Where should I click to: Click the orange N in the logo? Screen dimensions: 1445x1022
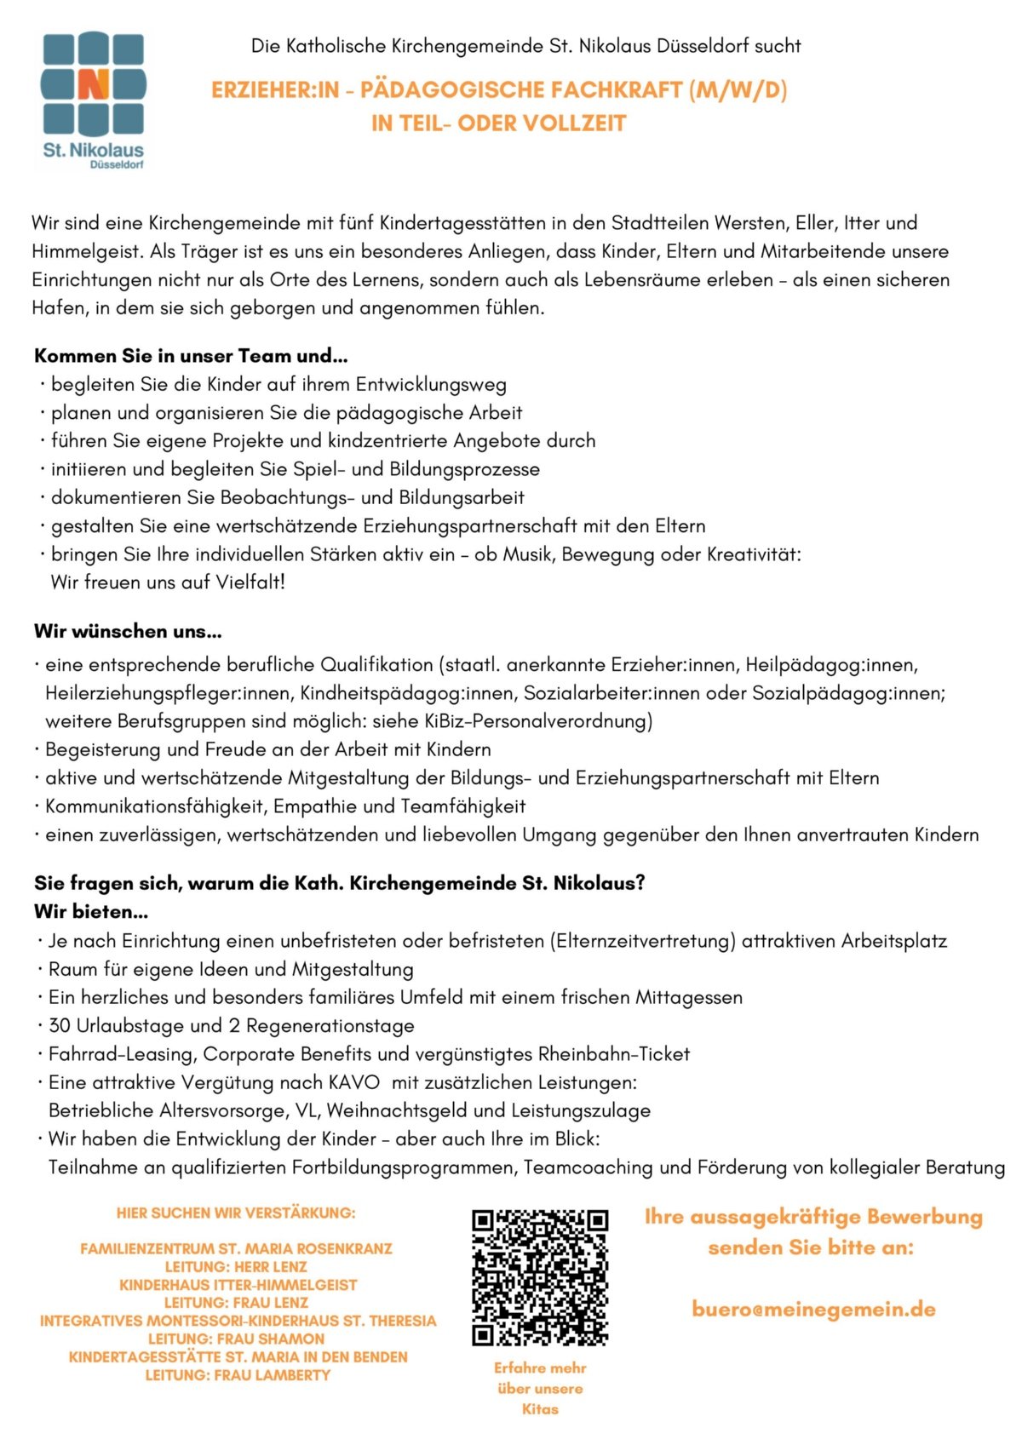(x=94, y=84)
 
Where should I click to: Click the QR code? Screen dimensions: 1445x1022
(x=540, y=1277)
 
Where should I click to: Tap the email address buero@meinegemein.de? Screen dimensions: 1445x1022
(x=813, y=1310)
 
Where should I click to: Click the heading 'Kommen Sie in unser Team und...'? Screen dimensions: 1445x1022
(x=191, y=356)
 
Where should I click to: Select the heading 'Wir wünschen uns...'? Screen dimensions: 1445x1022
(x=128, y=632)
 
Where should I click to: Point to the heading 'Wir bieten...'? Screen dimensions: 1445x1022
(x=91, y=912)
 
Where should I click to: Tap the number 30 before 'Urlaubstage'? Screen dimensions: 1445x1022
(x=59, y=1026)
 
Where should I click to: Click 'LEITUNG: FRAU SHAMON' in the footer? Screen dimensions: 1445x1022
(x=236, y=1339)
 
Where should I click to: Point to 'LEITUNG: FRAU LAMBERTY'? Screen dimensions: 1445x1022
(x=238, y=1375)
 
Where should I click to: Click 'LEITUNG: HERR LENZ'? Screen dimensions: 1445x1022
(x=236, y=1267)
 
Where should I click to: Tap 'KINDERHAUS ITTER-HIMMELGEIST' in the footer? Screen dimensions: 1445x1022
(x=238, y=1285)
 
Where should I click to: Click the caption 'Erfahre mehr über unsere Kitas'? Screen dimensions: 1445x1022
(x=540, y=1388)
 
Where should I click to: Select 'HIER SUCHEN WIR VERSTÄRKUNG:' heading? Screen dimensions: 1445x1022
(x=236, y=1213)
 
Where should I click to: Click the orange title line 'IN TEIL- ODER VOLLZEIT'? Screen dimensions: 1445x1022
(x=498, y=123)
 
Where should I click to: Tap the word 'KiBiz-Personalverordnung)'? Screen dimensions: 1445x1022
(x=538, y=722)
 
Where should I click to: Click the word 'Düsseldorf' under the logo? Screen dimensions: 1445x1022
(x=117, y=165)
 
